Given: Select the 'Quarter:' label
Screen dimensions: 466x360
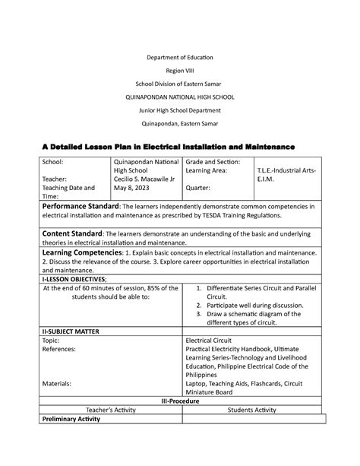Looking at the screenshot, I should tap(203, 188).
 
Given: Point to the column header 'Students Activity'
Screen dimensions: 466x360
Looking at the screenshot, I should tap(250, 410).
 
